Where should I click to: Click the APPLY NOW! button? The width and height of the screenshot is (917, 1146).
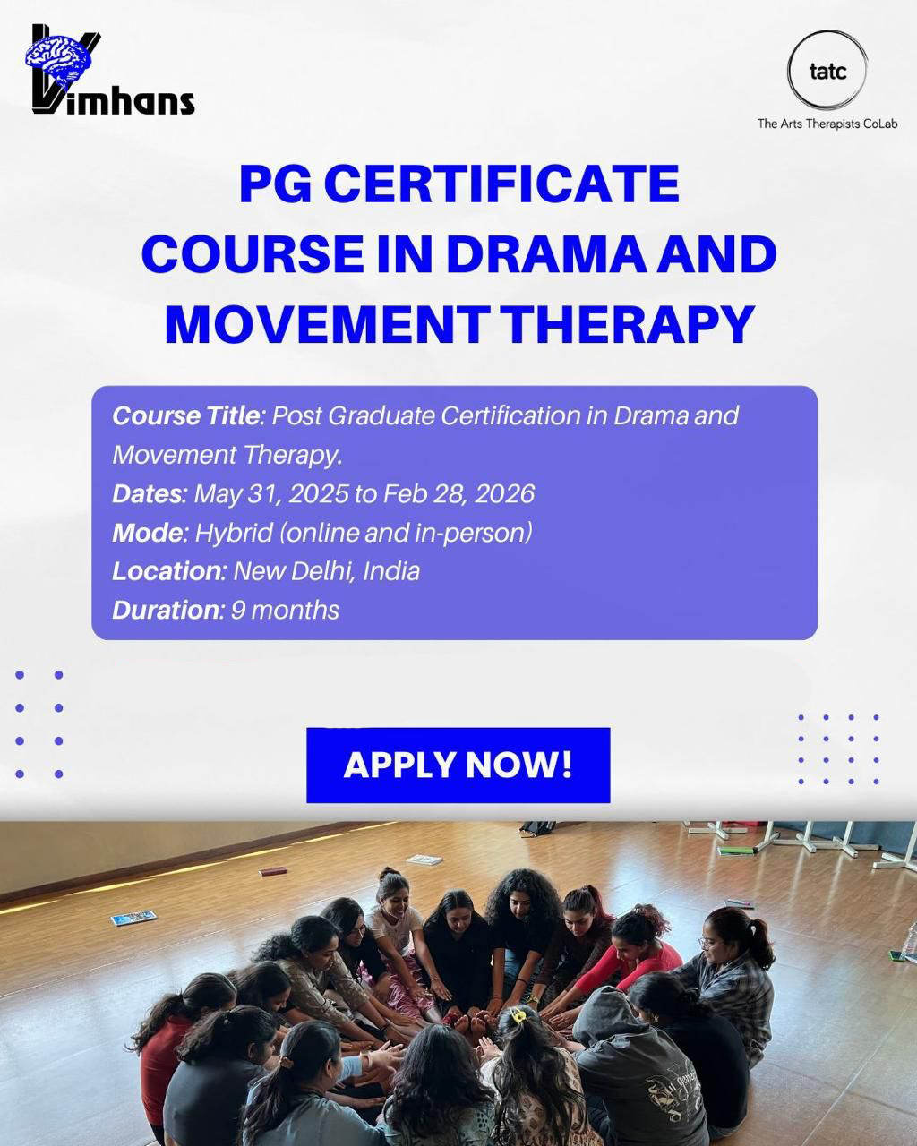click(x=458, y=765)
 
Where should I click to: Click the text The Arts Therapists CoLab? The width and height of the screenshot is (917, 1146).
click(x=827, y=124)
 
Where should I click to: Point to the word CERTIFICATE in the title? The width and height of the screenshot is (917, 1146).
click(x=501, y=184)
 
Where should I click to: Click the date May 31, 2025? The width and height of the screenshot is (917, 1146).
click(x=270, y=494)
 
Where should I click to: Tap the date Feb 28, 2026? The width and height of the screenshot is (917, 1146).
click(x=458, y=494)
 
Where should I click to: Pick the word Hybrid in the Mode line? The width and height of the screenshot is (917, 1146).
click(x=234, y=533)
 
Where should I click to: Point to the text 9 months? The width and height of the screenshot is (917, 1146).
click(x=285, y=611)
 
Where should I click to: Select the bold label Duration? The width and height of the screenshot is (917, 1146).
click(x=166, y=611)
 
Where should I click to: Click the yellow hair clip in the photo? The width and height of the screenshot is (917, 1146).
click(x=518, y=1014)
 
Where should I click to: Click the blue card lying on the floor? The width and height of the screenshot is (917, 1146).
click(x=133, y=918)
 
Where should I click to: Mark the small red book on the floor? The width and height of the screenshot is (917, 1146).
click(x=273, y=872)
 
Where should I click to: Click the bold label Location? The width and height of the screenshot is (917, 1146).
click(x=167, y=571)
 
